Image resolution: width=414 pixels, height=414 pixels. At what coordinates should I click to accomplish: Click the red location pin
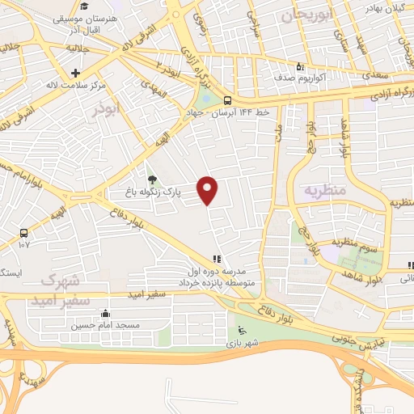click(209, 190)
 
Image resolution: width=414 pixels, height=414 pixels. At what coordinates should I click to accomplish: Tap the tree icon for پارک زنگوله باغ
click(152, 180)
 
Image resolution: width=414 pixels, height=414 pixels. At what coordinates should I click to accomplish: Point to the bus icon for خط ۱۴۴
click(228, 100)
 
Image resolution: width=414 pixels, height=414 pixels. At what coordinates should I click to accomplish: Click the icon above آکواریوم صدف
click(300, 68)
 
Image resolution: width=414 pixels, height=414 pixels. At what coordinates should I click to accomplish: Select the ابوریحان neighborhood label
click(307, 15)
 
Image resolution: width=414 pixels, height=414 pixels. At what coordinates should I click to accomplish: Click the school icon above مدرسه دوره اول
click(217, 259)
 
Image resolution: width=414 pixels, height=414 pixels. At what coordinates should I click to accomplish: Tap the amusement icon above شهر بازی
click(241, 329)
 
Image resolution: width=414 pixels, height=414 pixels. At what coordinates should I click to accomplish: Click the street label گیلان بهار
click(383, 7)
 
